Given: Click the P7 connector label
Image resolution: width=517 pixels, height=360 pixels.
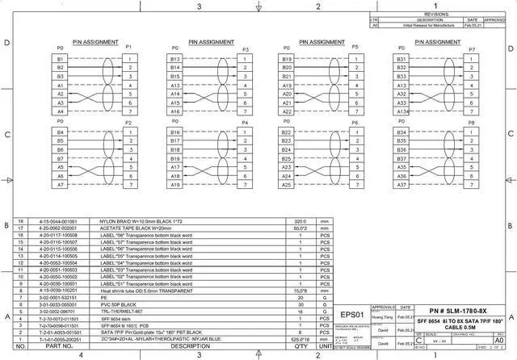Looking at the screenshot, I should point(472,48).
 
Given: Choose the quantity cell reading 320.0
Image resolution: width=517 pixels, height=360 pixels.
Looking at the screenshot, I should point(301,220).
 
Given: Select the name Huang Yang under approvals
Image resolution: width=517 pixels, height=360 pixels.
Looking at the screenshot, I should point(382,319).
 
